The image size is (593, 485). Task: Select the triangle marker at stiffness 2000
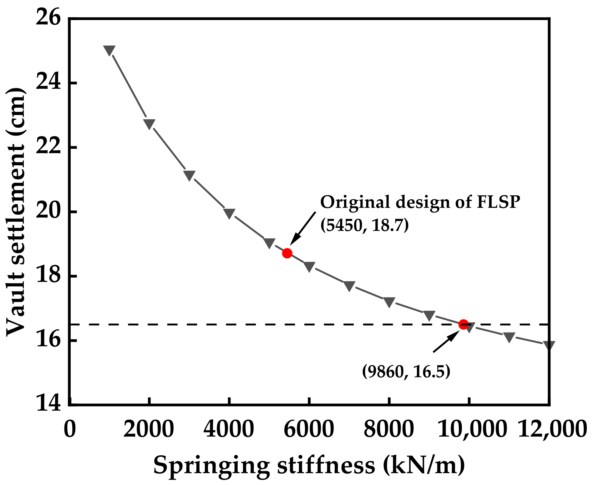click(x=149, y=124)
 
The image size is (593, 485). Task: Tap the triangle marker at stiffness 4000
click(x=229, y=213)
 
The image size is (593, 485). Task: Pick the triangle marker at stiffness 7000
click(x=349, y=286)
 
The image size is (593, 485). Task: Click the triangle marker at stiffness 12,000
click(x=549, y=345)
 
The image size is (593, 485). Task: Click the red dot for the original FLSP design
click(x=287, y=253)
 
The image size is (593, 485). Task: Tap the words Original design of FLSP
click(x=420, y=202)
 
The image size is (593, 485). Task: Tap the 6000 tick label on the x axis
click(x=309, y=429)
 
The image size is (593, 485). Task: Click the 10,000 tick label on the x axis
click(x=471, y=429)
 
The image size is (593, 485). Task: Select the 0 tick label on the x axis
click(x=70, y=429)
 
